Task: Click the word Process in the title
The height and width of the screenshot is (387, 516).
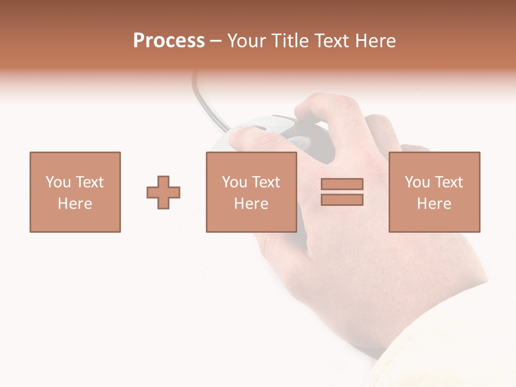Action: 169,41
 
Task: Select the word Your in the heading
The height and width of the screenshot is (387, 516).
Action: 246,41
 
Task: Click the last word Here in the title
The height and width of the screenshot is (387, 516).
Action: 376,41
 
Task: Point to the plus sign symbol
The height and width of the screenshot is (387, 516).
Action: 163,192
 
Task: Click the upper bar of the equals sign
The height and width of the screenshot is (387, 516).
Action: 342,184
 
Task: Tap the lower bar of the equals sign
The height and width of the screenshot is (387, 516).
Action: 342,200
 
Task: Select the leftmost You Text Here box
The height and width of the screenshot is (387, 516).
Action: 75,192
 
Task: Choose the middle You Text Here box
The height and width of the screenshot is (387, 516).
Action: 251,192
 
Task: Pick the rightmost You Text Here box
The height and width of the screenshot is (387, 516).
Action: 434,192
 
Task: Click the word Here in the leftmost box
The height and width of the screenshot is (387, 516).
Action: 75,204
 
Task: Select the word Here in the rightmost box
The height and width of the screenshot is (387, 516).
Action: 434,204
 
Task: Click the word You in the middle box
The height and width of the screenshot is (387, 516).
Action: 234,182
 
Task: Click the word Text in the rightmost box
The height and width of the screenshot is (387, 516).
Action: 448,182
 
